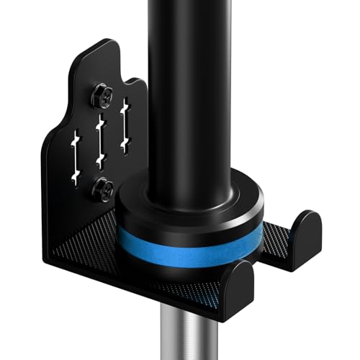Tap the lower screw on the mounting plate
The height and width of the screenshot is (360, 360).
(104, 189)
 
